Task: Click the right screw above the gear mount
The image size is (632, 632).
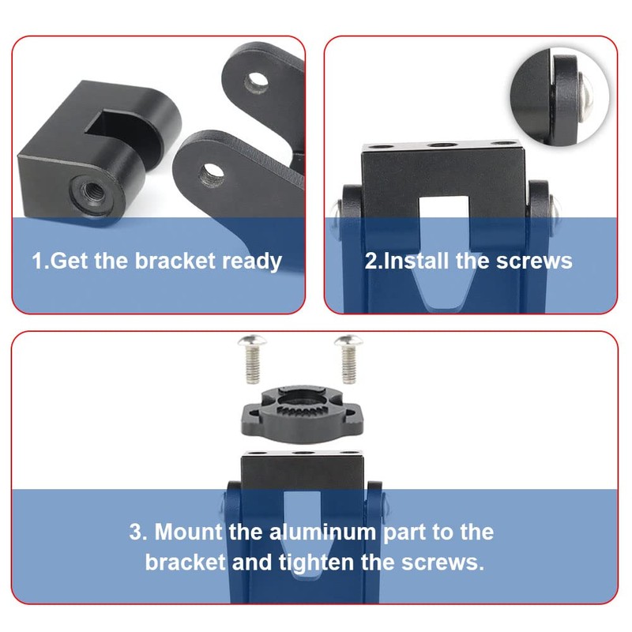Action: (346, 355)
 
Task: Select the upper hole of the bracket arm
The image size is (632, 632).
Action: (254, 81)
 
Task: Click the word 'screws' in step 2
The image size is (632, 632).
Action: (533, 261)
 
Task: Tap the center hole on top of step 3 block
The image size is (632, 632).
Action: (303, 455)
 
